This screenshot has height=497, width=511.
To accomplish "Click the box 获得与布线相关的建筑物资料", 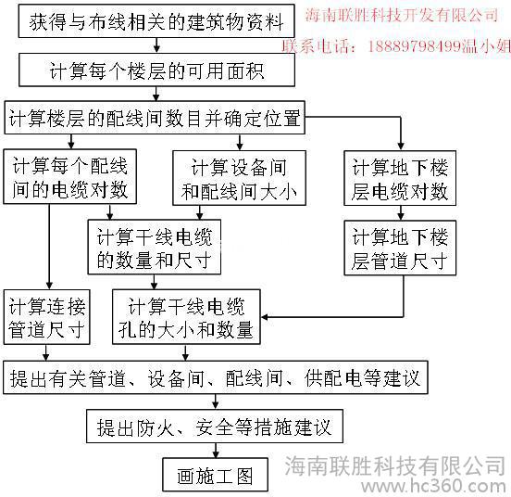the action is click(156, 21).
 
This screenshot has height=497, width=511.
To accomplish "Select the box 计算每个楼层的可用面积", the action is click(156, 70).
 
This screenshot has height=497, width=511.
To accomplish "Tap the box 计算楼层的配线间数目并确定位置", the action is click(155, 118).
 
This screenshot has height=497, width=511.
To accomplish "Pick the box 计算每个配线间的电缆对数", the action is click(69, 176).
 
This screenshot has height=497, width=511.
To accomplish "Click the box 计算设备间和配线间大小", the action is click(239, 178).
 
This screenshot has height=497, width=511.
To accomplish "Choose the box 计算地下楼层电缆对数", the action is click(400, 178).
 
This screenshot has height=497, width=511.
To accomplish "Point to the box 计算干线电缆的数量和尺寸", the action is click(155, 247).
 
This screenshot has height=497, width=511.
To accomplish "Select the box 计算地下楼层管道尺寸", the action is click(400, 248).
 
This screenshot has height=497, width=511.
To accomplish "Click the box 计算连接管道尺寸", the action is click(46, 316).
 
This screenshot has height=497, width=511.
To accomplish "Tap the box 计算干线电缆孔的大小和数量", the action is click(186, 316).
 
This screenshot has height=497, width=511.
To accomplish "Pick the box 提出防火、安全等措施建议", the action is click(215, 427).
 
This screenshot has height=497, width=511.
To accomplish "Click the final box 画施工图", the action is click(215, 475).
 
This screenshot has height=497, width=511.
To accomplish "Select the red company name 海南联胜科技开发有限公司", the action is click(402, 15).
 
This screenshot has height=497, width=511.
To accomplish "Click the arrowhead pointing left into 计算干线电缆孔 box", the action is click(265, 316).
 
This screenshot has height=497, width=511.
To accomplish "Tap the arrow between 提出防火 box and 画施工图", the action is click(215, 451).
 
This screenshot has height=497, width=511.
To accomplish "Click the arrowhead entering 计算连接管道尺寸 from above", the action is click(49, 286).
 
